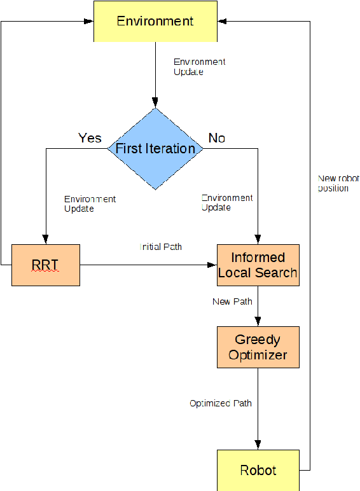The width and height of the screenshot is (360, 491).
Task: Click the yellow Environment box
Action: click(x=155, y=21)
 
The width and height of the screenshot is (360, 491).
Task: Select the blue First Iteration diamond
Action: click(x=155, y=149)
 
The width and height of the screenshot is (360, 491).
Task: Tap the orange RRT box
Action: click(x=46, y=264)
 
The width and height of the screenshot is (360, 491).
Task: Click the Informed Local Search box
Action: click(x=258, y=265)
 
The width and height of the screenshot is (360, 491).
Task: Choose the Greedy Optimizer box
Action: click(x=258, y=347)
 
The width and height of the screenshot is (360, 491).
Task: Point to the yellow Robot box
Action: click(x=258, y=470)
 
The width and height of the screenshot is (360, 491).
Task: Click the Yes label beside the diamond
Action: click(x=90, y=138)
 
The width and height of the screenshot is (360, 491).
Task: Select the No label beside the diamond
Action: click(x=216, y=138)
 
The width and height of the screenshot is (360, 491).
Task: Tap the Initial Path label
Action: click(x=160, y=246)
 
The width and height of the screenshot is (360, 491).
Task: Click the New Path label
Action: click(x=232, y=301)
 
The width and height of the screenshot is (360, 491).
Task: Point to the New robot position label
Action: click(x=338, y=183)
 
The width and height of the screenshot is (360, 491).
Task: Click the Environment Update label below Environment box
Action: click(x=199, y=67)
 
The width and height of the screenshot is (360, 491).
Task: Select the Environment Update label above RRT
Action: click(x=90, y=204)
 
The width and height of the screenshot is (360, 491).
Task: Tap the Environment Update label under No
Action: click(x=226, y=203)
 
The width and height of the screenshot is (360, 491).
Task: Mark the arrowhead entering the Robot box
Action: click(x=258, y=445)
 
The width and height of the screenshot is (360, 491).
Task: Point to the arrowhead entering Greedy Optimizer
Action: click(x=258, y=322)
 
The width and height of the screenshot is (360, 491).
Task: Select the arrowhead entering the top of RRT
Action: click(x=46, y=239)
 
